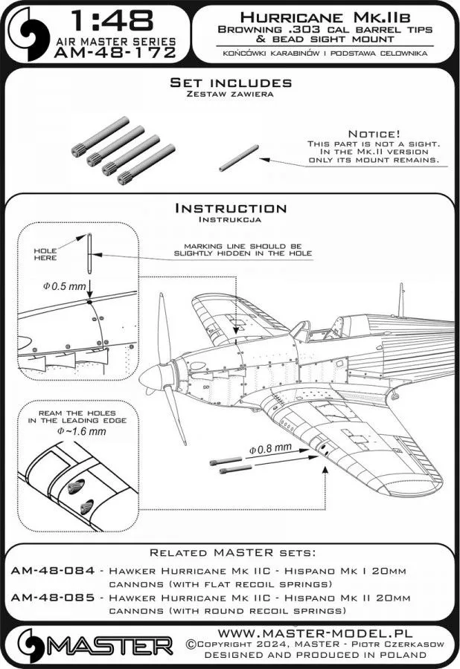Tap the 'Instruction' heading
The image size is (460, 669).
click(x=229, y=208)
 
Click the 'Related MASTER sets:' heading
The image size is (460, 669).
click(x=229, y=552)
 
